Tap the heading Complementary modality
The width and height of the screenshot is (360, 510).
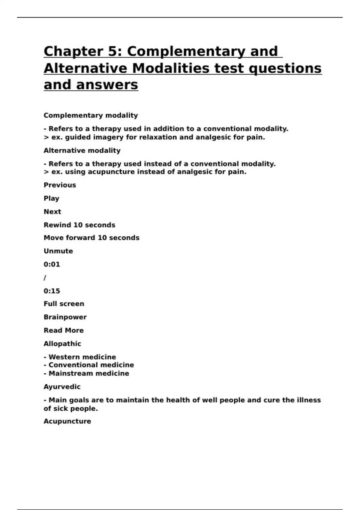[x=91, y=115]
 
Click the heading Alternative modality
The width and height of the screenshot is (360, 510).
[x=82, y=151]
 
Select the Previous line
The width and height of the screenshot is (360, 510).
[x=60, y=185]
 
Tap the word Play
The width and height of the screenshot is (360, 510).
[x=51, y=198]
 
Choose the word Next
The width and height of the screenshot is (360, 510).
[x=52, y=212]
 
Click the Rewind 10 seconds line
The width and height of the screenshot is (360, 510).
[x=79, y=225]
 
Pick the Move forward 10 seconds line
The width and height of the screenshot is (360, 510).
[x=91, y=238]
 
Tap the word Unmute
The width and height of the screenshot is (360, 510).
[x=58, y=251]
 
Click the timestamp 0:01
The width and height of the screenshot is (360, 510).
[x=52, y=264]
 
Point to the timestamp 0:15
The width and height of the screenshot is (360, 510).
[x=52, y=291]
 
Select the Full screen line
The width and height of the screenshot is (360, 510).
[x=64, y=304]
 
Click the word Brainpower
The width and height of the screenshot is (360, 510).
[x=65, y=317]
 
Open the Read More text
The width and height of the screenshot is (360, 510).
[x=64, y=330]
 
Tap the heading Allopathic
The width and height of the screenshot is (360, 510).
[x=62, y=344]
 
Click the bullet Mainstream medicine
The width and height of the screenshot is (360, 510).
[x=89, y=373]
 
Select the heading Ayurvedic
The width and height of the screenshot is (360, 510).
[x=62, y=387]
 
